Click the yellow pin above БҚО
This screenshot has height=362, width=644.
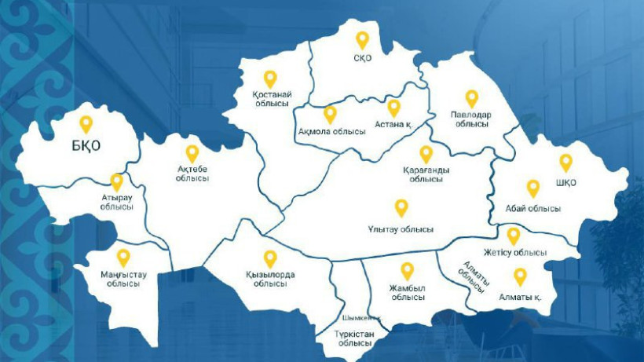pyautogui.click(x=86, y=124)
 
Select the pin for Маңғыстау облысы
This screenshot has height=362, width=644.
pyautogui.click(x=123, y=257)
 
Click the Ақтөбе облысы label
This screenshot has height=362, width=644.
pyautogui.click(x=192, y=174)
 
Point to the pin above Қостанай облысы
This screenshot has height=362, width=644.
pyautogui.click(x=270, y=79)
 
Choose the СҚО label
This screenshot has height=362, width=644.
pyautogui.click(x=362, y=57)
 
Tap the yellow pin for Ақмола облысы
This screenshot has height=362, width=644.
pyautogui.click(x=330, y=114)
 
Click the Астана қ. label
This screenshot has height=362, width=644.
pyautogui.click(x=393, y=124)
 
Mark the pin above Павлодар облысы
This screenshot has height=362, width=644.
pyautogui.click(x=471, y=98)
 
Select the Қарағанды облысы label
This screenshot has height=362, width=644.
pyautogui.click(x=426, y=174)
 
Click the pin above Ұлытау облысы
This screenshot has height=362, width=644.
pyautogui.click(x=401, y=207)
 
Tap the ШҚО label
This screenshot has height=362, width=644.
pyautogui.click(x=565, y=183)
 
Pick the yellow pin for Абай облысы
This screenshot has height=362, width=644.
pyautogui.click(x=533, y=188)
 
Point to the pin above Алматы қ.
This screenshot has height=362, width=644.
pyautogui.click(x=520, y=276)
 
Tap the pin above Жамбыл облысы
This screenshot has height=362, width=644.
pyautogui.click(x=407, y=271)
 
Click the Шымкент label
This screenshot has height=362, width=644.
pyautogui.click(x=360, y=318)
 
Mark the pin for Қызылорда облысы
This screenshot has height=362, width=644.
pyautogui.click(x=270, y=258)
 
